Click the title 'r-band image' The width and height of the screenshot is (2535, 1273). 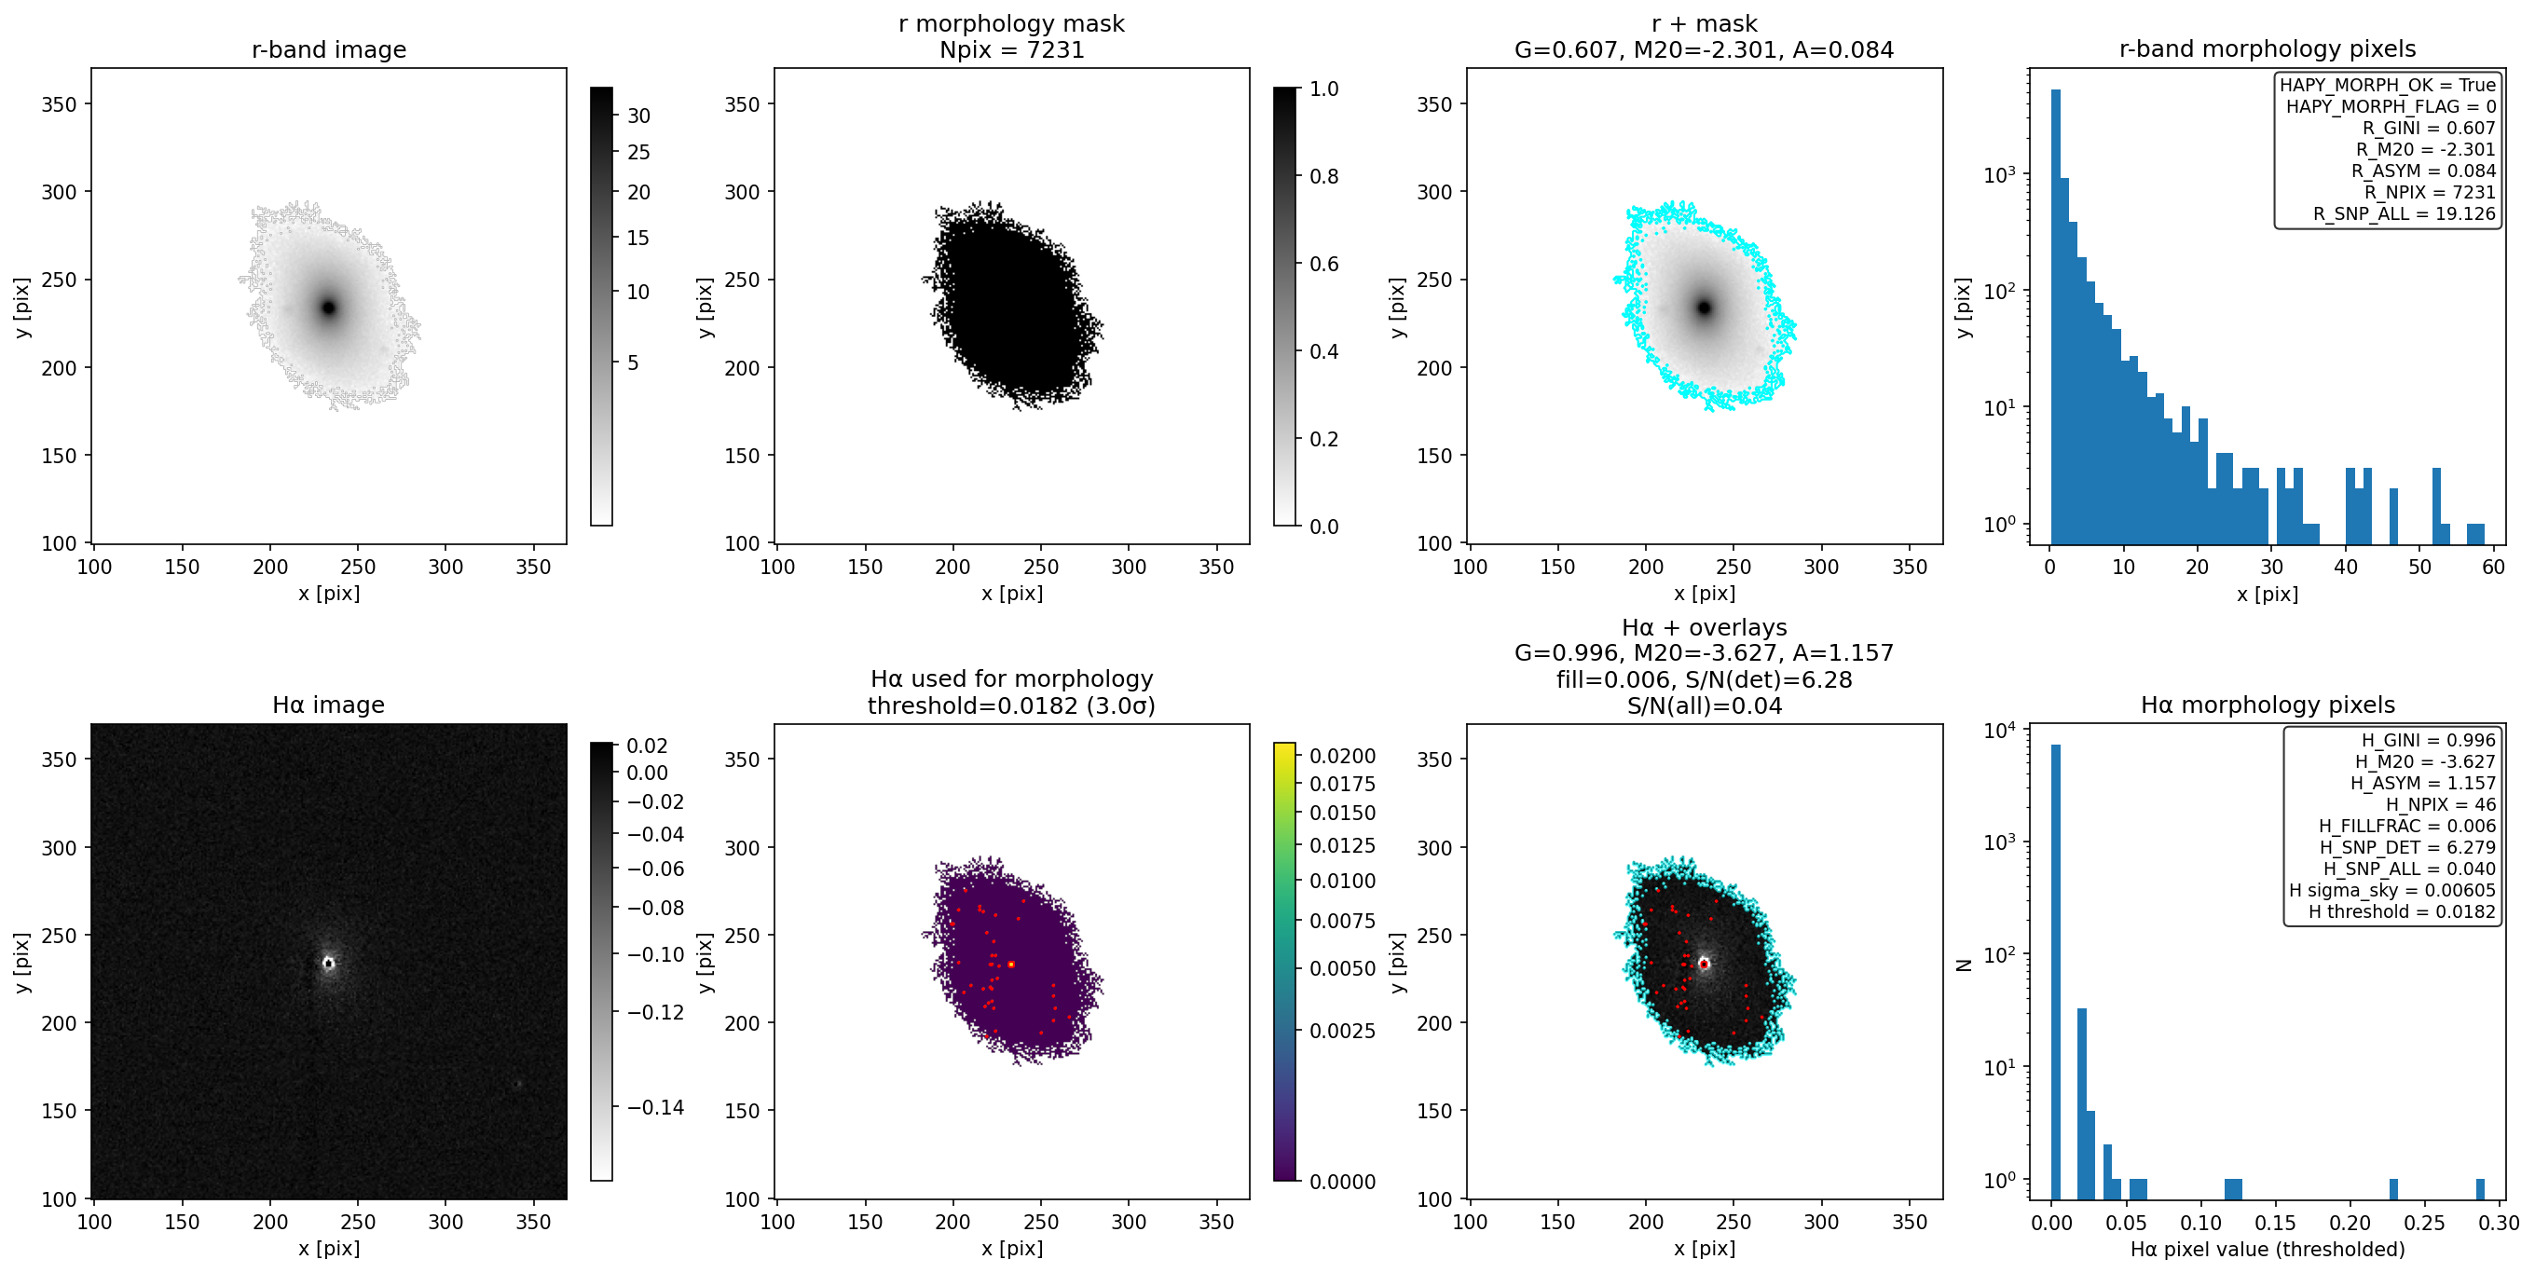click(x=329, y=49)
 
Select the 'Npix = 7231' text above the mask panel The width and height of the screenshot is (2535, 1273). click(x=1011, y=49)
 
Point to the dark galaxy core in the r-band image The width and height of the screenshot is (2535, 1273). click(x=329, y=308)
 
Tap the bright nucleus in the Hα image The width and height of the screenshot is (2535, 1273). click(x=329, y=963)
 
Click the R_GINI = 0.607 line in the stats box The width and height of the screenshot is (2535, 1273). click(x=2429, y=128)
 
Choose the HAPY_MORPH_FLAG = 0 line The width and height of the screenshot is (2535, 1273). click(x=2391, y=106)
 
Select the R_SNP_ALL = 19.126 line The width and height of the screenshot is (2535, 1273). click(x=2405, y=213)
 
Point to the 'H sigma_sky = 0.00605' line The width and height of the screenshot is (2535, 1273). click(x=2392, y=890)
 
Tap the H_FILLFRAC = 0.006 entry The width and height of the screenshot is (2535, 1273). click(x=2407, y=827)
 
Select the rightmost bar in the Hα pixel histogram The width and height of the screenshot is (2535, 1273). click(x=2480, y=1188)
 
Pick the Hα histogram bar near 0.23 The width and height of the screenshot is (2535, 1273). click(x=2393, y=1188)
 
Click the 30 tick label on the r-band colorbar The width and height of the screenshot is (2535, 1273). click(x=638, y=116)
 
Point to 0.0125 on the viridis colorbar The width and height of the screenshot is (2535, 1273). click(x=1342, y=846)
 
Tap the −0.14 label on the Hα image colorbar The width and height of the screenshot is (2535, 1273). click(x=655, y=1108)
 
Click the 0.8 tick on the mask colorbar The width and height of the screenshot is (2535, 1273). click(x=1323, y=176)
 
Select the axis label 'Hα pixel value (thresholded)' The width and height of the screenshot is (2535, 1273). click(x=2268, y=1250)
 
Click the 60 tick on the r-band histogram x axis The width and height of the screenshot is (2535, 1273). click(x=2494, y=567)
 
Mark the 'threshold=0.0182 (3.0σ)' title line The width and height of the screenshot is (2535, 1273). click(x=1011, y=705)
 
